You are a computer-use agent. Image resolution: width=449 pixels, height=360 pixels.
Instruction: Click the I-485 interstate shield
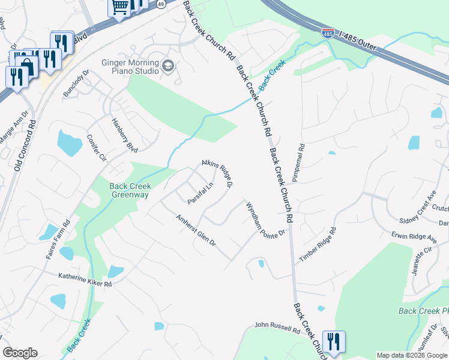click(328, 32)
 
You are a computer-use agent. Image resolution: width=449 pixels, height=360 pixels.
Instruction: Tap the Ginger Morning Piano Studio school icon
click(167, 65)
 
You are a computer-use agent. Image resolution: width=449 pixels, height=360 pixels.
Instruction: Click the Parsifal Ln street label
click(200, 193)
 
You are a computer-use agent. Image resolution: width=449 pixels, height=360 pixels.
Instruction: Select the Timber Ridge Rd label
click(316, 247)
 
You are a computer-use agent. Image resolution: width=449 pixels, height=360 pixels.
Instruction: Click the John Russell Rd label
click(277, 328)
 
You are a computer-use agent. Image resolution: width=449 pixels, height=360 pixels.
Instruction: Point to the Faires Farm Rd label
click(58, 239)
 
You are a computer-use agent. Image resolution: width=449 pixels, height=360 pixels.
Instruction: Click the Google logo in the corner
click(20, 353)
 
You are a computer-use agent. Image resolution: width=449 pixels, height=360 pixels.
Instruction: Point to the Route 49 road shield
click(160, 4)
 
